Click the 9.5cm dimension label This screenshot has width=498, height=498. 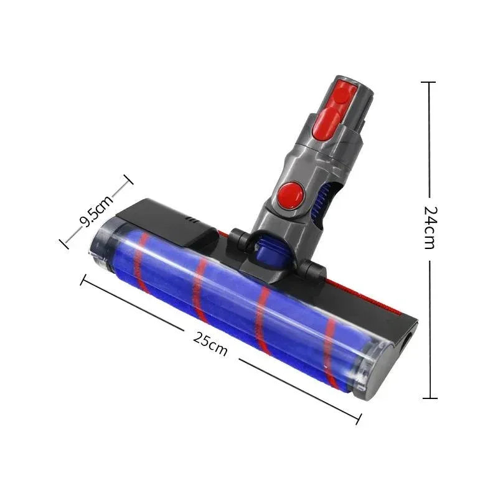click(x=96, y=210)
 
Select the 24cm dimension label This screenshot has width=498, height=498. click(x=429, y=227)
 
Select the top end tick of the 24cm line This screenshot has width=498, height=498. click(x=428, y=82)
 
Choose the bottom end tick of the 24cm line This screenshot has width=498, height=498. click(x=428, y=398)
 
